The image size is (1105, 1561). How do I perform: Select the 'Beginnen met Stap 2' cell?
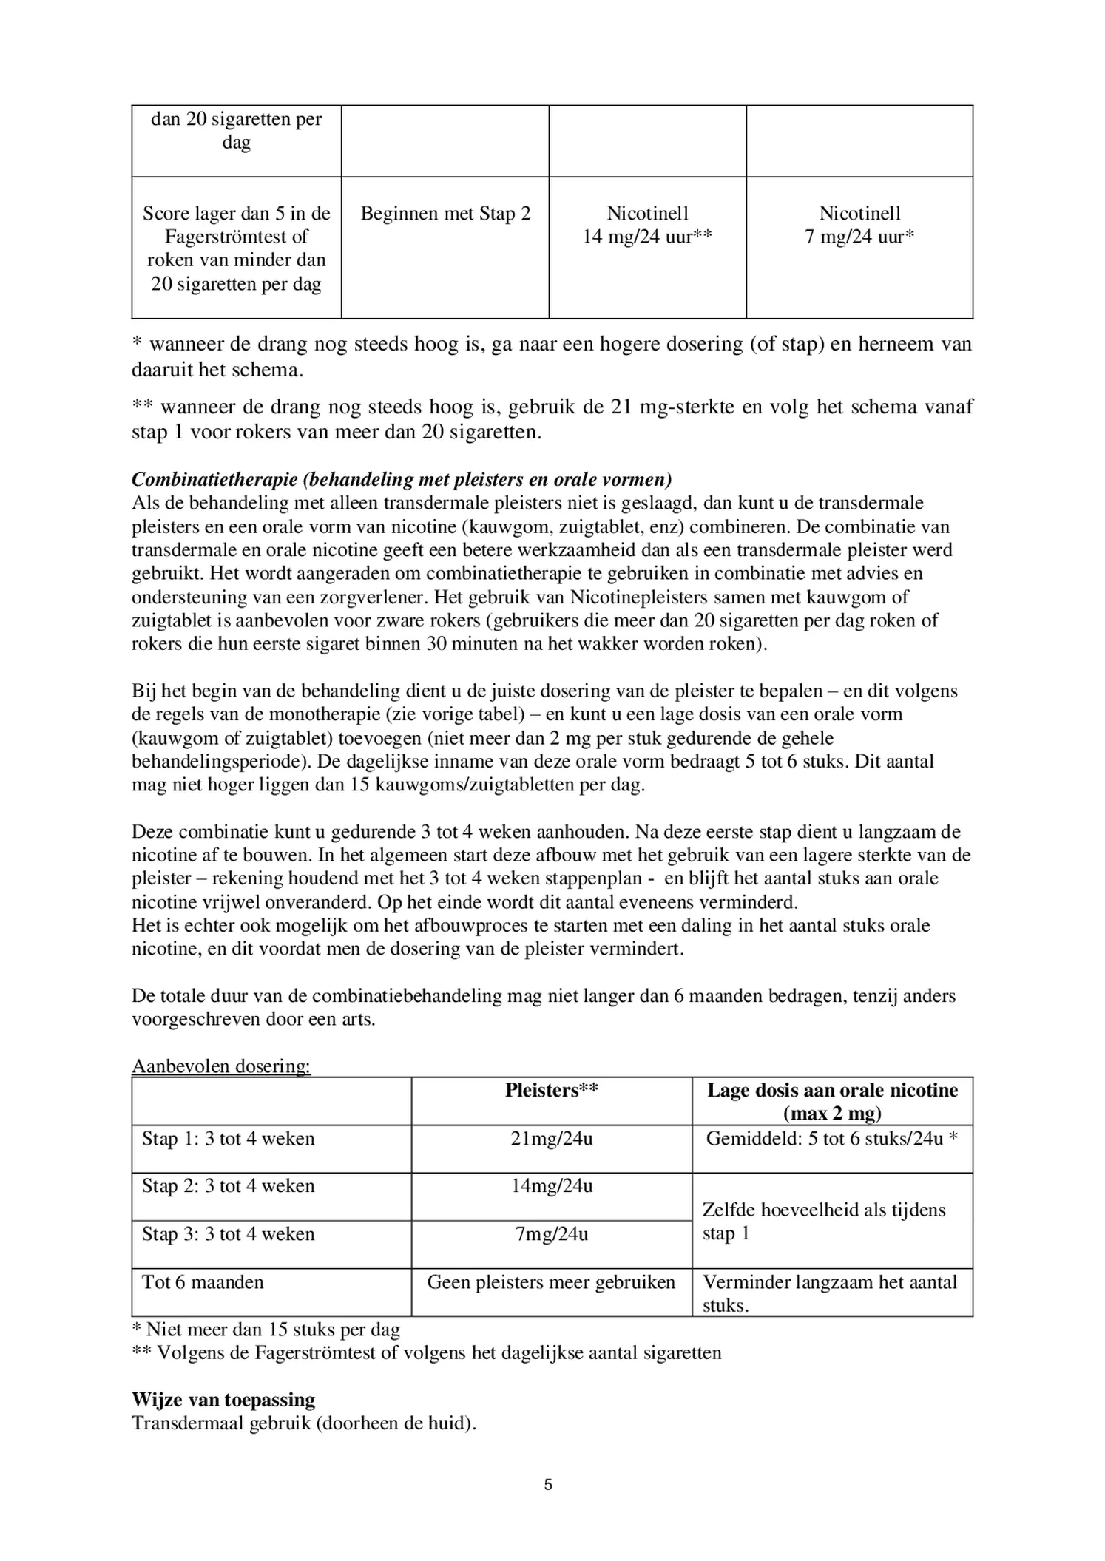445,214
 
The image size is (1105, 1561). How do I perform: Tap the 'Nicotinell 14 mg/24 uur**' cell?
647,225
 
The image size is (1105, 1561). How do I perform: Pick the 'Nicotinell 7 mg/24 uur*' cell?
859,225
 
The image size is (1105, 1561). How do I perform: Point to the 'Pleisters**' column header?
551,1090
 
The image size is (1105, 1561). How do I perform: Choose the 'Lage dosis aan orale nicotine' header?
832,1101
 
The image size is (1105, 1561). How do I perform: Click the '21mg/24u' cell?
551,1138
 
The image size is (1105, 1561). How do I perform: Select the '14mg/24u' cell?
551,1186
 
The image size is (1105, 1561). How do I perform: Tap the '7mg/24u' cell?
551,1233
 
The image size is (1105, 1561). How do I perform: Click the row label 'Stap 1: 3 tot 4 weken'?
229,1138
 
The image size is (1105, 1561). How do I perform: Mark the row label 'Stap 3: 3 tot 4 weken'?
229,1233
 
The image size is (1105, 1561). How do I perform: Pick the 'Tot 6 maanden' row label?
203,1281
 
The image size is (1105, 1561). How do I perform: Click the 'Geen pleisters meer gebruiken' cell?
551,1281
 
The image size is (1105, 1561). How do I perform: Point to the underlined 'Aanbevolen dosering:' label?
221,1066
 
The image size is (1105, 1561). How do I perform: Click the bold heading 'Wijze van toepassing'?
223,1399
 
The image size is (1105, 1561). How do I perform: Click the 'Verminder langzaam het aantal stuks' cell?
830,1293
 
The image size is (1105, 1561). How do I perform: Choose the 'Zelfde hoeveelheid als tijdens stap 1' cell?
824,1222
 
